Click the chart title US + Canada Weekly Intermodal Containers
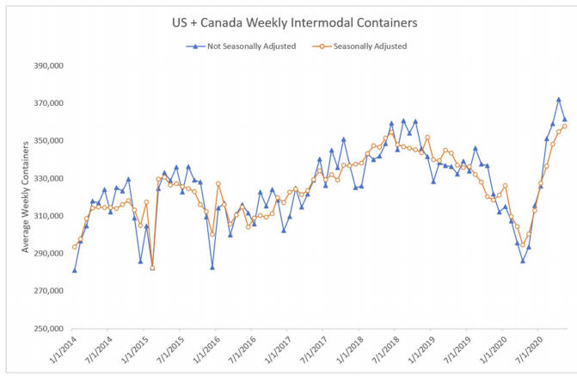pos(289,21)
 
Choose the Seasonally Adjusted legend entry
pos(367,46)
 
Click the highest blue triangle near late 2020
pos(559,100)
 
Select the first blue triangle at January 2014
pos(75,270)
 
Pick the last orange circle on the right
pos(565,126)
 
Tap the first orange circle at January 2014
pos(75,247)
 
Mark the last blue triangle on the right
pos(565,120)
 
